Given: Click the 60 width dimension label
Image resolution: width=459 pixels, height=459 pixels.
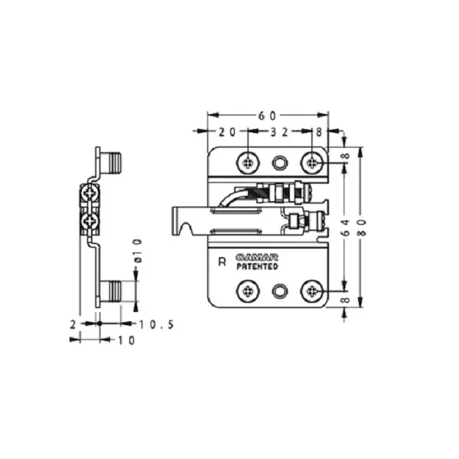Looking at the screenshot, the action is coord(267,116).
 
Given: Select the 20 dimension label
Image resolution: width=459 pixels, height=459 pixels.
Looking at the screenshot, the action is coord(227,132).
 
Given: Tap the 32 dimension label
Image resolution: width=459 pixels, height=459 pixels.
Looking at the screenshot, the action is coord(279,132).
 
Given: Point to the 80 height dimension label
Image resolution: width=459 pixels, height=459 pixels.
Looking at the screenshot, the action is coord(363,227).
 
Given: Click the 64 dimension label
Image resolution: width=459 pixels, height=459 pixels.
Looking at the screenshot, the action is coord(346,227).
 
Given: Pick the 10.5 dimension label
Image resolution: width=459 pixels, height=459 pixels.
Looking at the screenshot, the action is coord(157,324).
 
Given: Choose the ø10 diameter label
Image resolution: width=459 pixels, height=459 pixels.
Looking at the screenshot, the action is coord(138,251).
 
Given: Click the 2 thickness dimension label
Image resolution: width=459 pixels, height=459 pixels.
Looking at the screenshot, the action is coord(73,324).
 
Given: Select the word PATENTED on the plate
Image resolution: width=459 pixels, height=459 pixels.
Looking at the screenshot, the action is coord(257,266).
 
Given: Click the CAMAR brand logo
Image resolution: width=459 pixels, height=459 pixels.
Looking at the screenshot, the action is coord(257,258).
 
